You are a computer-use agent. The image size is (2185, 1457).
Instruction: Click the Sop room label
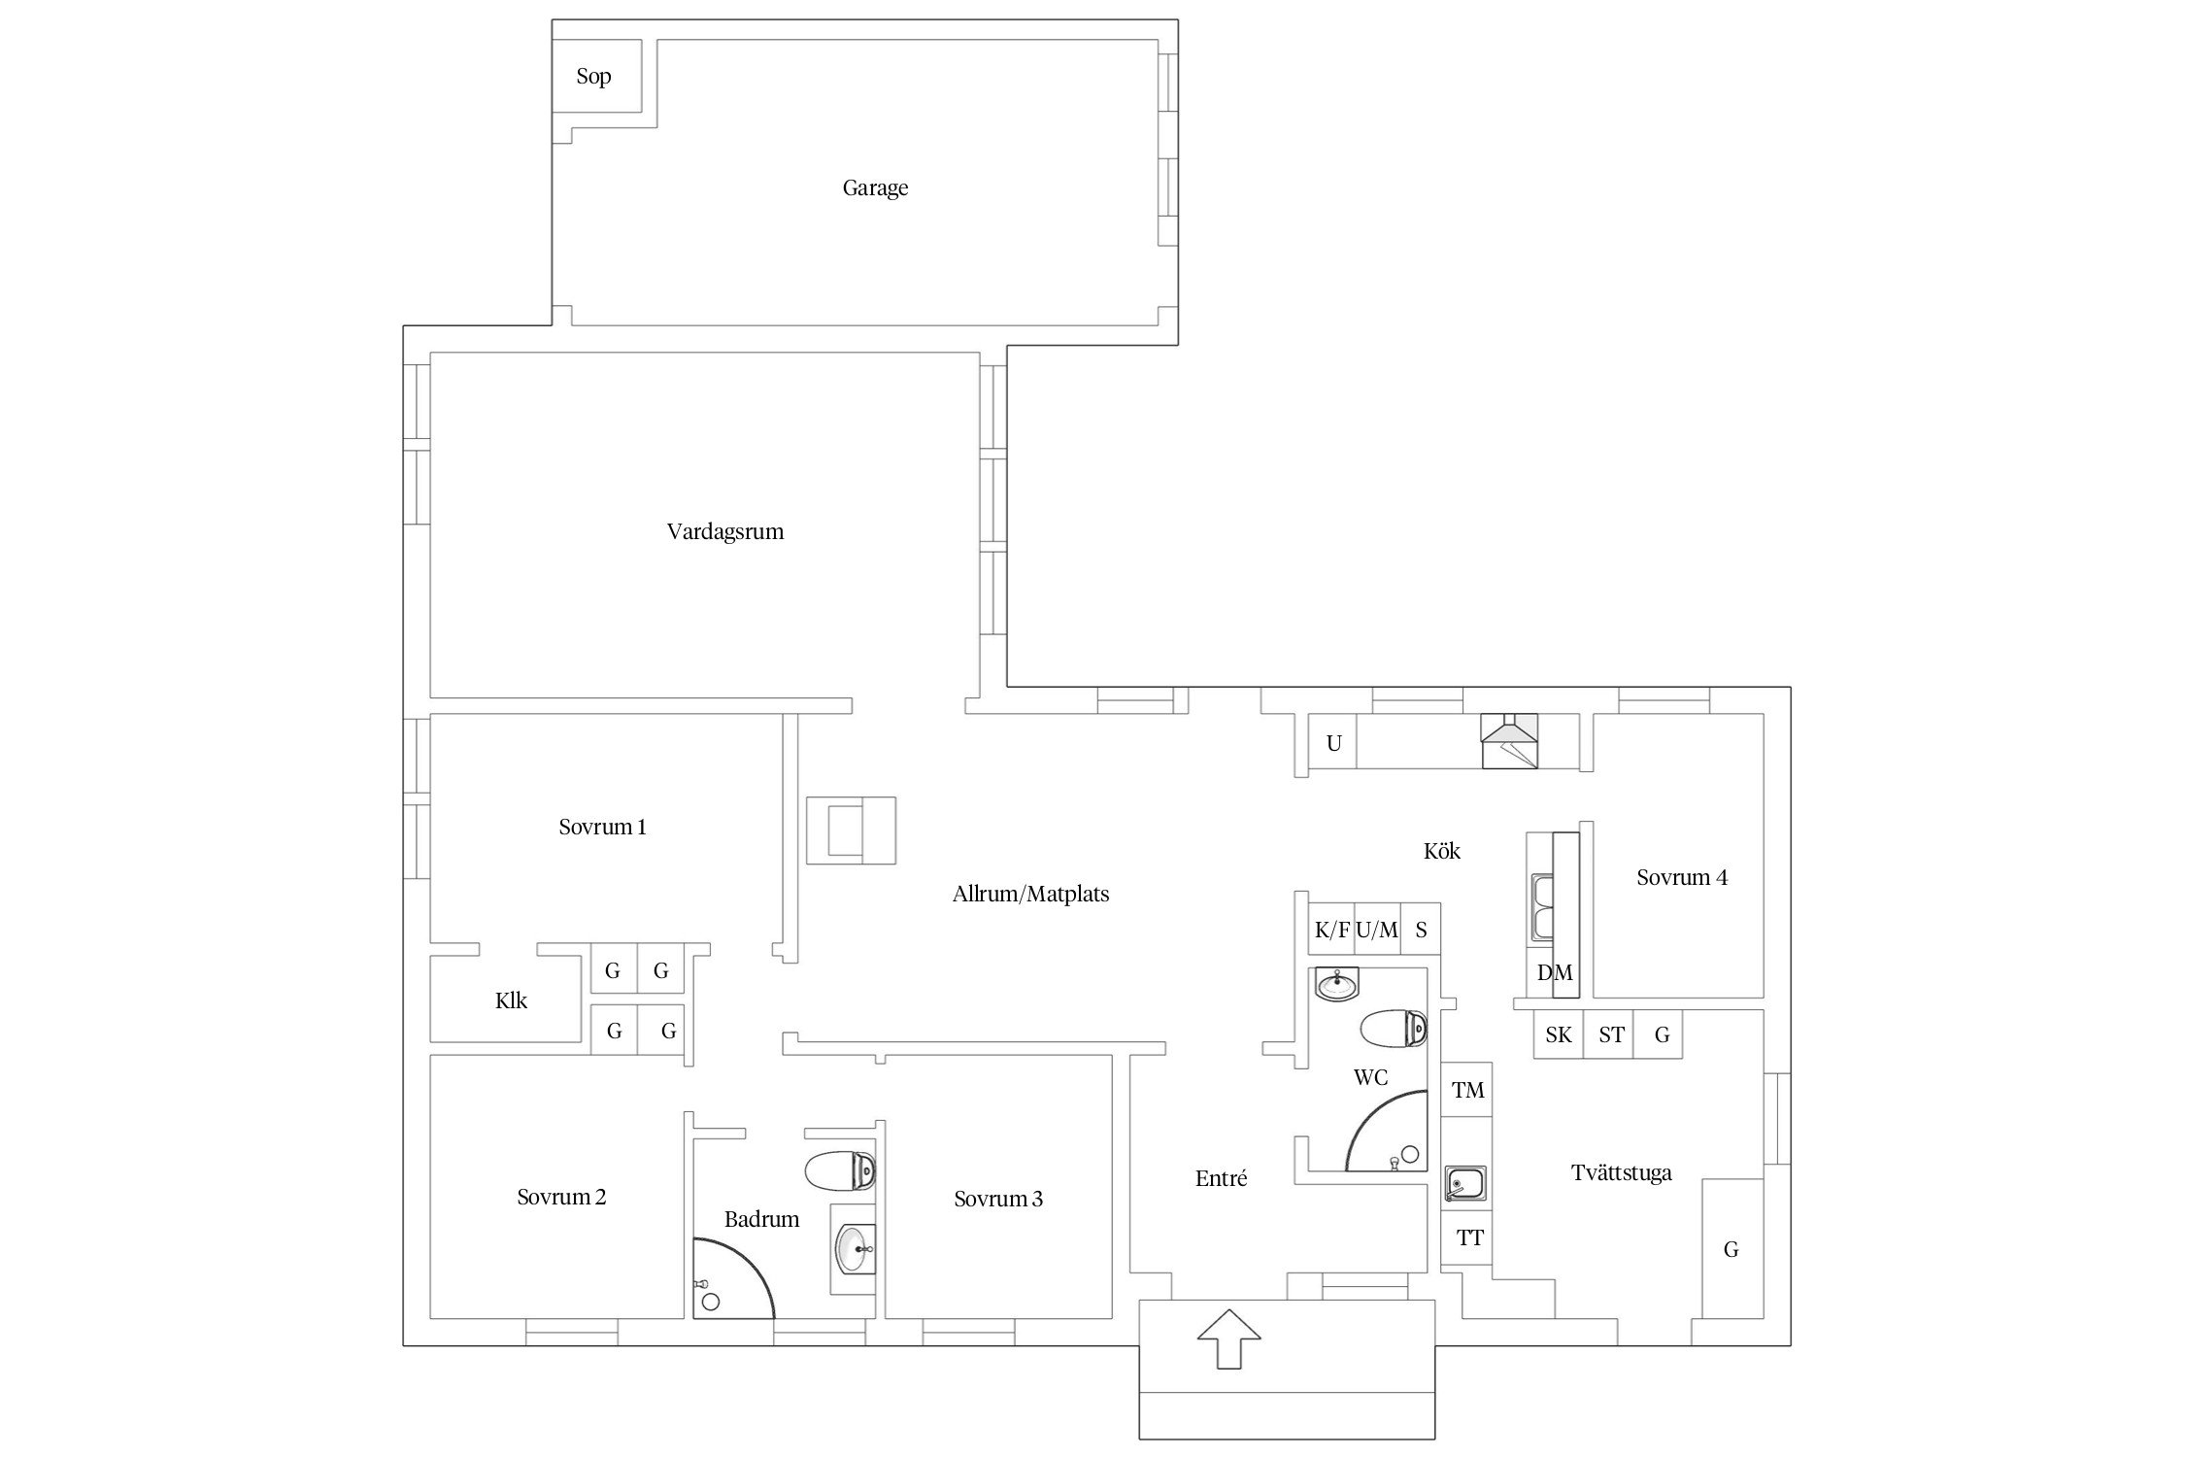pos(593,76)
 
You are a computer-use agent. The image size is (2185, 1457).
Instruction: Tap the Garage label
pos(875,187)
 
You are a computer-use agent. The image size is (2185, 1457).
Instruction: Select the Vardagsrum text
pos(725,531)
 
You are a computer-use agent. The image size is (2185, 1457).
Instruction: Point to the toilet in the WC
pos(1394,1029)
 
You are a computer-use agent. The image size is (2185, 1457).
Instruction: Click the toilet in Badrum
pos(840,1170)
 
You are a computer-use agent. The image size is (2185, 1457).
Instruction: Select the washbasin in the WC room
pos(1337,985)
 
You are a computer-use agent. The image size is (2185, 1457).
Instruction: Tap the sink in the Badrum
pos(856,1248)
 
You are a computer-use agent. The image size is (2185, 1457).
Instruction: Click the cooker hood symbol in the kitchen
pos(1509,742)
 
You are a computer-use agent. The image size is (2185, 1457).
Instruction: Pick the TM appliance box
pos(1466,1090)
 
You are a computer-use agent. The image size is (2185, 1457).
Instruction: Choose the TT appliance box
pos(1466,1237)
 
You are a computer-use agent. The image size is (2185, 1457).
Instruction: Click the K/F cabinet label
pos(1332,930)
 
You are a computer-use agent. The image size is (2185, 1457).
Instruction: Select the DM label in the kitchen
pos(1555,972)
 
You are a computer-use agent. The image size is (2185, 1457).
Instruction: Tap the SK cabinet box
pos(1559,1034)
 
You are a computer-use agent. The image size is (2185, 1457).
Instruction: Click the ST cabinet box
pos(1609,1034)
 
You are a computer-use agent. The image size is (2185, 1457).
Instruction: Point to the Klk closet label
pos(511,1000)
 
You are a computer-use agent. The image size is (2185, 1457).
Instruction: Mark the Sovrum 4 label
pos(1682,877)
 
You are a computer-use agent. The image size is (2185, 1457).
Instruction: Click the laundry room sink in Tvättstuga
pos(1464,1183)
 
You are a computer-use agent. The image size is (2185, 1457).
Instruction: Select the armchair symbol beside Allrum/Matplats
pos(851,830)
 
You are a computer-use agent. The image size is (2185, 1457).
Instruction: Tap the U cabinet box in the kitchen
pos(1333,743)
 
